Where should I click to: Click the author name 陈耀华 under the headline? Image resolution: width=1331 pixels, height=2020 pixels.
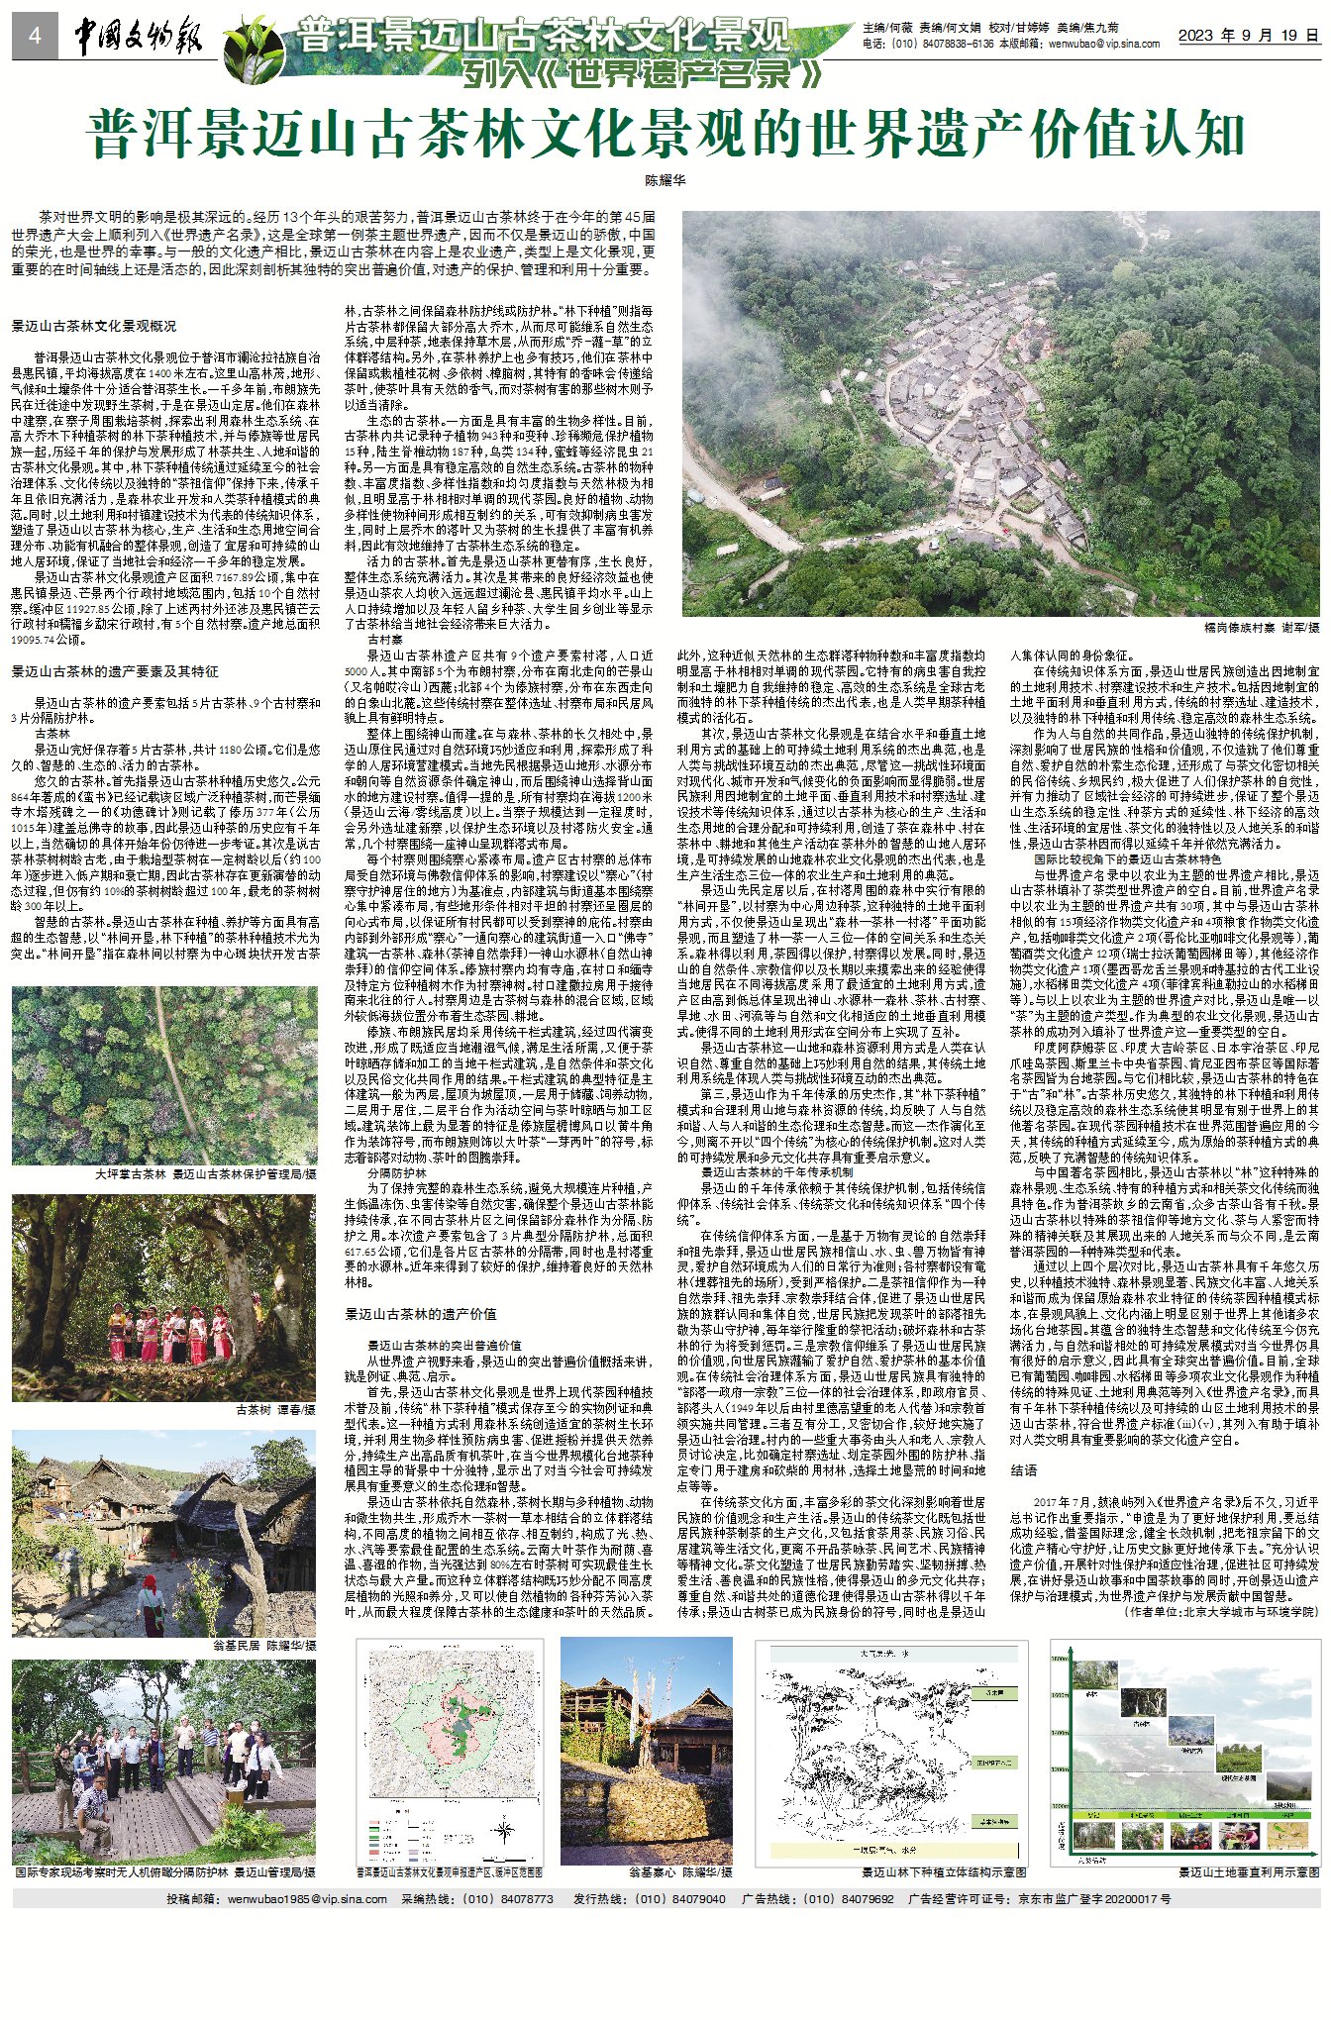(x=665, y=181)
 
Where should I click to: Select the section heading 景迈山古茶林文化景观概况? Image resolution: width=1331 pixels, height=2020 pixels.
(x=93, y=326)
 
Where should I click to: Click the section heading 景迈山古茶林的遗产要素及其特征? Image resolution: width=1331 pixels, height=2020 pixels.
(x=115, y=671)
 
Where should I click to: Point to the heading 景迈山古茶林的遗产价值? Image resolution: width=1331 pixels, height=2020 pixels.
(x=420, y=1314)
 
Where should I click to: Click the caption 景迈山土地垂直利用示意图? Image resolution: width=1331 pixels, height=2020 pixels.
(x=1249, y=1872)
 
